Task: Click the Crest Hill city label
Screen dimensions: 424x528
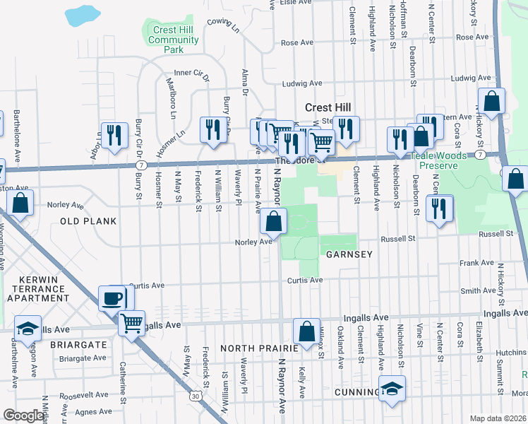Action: click(328, 107)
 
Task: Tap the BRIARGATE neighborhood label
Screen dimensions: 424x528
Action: click(78, 345)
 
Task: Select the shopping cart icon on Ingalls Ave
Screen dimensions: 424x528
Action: click(131, 322)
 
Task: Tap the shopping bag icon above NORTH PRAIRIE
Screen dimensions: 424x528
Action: click(306, 331)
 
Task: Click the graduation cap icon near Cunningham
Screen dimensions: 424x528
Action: click(392, 388)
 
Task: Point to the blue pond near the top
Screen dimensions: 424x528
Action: click(83, 13)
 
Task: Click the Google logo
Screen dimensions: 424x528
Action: click(23, 416)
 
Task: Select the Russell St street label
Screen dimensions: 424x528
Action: click(495, 234)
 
